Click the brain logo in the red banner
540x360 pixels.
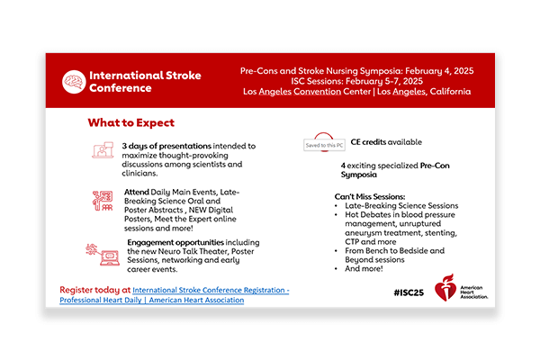pyautogui.click(x=74, y=81)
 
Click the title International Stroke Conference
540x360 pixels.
pyautogui.click(x=144, y=81)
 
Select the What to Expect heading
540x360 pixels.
pyautogui.click(x=130, y=122)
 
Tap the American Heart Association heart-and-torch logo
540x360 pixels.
pyautogui.click(x=445, y=288)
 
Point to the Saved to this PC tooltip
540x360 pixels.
pyautogui.click(x=322, y=145)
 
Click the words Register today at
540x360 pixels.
pyautogui.click(x=94, y=290)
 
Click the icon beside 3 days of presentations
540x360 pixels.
pyautogui.click(x=102, y=151)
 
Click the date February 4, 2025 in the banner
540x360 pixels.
pyautogui.click(x=463, y=69)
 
